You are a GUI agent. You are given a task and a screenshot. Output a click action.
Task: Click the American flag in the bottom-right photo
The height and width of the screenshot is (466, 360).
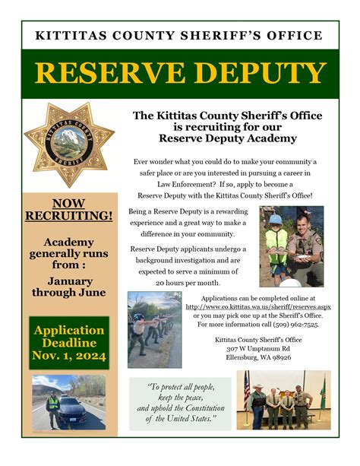(246, 388)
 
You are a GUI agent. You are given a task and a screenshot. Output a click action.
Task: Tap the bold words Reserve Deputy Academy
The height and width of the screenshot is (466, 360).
(227, 139)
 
